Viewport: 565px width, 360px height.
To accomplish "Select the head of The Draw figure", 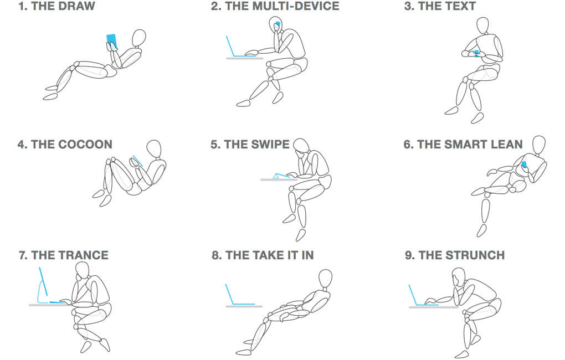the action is (139, 38).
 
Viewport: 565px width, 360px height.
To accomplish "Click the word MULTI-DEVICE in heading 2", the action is (282, 6).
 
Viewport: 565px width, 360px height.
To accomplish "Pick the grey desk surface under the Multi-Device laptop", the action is (245, 58).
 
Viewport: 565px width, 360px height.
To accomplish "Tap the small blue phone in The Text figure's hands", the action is (476, 53).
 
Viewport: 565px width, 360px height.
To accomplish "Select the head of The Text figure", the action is (482, 25).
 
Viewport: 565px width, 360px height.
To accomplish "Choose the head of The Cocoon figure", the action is (154, 148).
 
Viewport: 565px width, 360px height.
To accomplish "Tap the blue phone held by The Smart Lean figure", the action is (524, 165).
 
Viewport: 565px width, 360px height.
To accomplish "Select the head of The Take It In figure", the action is (325, 279).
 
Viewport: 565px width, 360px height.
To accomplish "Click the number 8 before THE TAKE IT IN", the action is (215, 255).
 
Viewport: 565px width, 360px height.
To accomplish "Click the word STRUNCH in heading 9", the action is (475, 255).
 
